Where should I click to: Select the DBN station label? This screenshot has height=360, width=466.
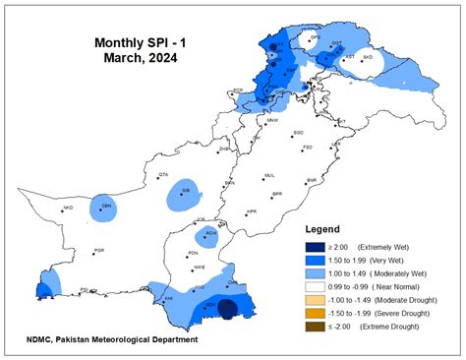[x=106, y=207]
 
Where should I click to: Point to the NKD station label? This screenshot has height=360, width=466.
[x=68, y=208]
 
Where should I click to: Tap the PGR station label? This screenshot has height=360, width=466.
[x=98, y=251]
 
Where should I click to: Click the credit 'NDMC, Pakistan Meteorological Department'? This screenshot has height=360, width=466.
[x=113, y=340]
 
